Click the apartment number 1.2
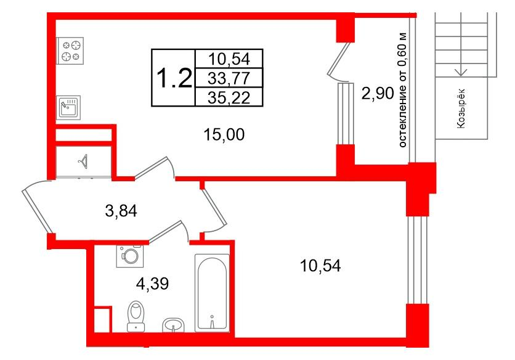click(174, 78)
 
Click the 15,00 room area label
click(224, 134)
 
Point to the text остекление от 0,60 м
click(403, 90)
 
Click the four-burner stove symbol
click(70, 51)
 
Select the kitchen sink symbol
click(68, 107)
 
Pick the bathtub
click(211, 293)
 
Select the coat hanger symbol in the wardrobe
click(84, 162)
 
